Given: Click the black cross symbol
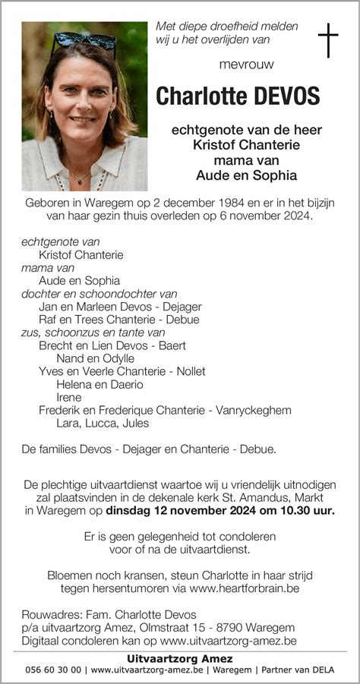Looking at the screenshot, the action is point(327,40).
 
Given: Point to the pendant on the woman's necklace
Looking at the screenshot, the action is point(80,181).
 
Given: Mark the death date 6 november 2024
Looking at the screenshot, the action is point(267,218).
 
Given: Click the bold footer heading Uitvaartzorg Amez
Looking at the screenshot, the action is point(180,658).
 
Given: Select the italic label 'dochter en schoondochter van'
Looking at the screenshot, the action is point(99,294).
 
